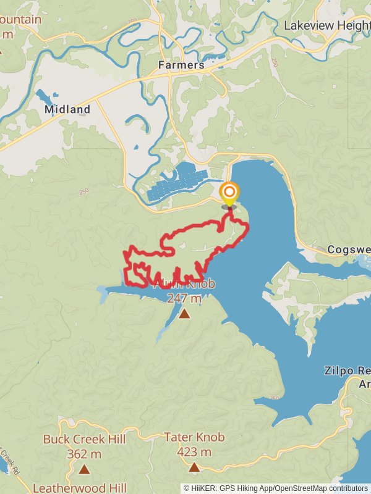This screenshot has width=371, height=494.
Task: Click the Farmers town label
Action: [x=181, y=65]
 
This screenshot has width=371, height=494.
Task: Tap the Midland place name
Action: [x=67, y=110]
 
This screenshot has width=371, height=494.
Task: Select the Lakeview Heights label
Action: [x=326, y=25]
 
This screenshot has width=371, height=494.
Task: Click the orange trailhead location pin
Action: [x=229, y=192]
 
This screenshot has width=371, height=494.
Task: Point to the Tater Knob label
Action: [x=194, y=437]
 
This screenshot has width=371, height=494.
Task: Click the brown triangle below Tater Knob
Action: [x=194, y=467]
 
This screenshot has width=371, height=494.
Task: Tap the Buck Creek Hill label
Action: [x=84, y=440]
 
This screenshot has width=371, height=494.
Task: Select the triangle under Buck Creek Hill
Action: [x=84, y=469]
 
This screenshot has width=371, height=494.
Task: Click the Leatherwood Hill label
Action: [x=80, y=488]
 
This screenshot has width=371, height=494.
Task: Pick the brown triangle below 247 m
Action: [x=184, y=314]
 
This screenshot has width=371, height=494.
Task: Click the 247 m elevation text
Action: [x=184, y=298]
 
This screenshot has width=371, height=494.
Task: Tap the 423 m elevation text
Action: [x=194, y=452]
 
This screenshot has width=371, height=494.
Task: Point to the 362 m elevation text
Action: [x=84, y=454]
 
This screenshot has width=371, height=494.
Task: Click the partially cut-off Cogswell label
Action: [x=348, y=250]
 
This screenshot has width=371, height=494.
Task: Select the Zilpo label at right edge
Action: [x=347, y=371]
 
